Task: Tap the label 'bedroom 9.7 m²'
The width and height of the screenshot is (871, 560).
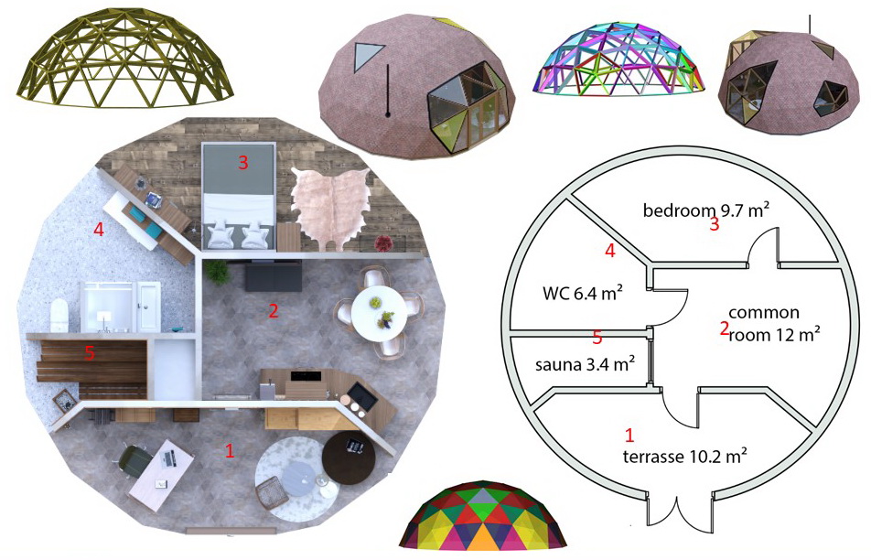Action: tap(704, 210)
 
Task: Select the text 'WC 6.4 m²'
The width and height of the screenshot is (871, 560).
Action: tap(582, 294)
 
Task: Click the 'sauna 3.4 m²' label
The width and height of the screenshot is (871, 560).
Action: tap(584, 365)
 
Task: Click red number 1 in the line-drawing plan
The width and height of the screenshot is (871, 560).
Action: tap(629, 435)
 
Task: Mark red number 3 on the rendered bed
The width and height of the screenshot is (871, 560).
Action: tap(242, 163)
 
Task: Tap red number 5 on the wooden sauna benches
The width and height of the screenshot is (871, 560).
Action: tap(90, 352)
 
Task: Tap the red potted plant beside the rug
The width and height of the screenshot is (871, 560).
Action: tap(382, 242)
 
